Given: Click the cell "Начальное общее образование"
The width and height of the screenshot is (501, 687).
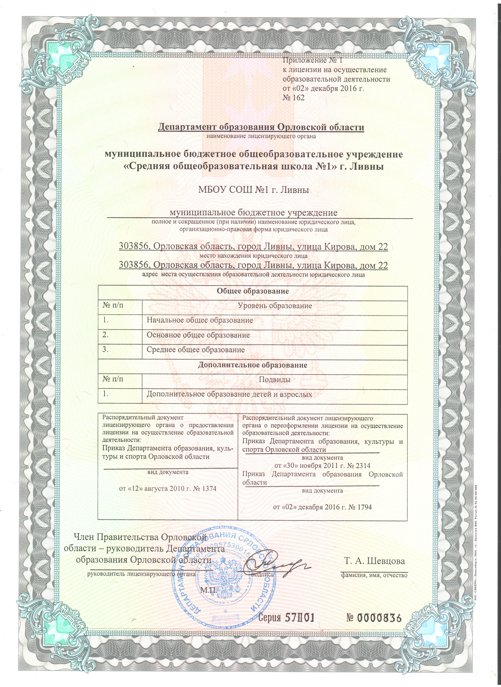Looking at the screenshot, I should pyautogui.click(x=200, y=320).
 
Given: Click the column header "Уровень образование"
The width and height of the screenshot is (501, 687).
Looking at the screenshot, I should pyautogui.click(x=275, y=306).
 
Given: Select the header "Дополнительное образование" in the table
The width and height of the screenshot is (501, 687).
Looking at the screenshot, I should pyautogui.click(x=252, y=365).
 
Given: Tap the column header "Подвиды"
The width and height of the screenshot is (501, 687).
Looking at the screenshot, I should pyautogui.click(x=275, y=380).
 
